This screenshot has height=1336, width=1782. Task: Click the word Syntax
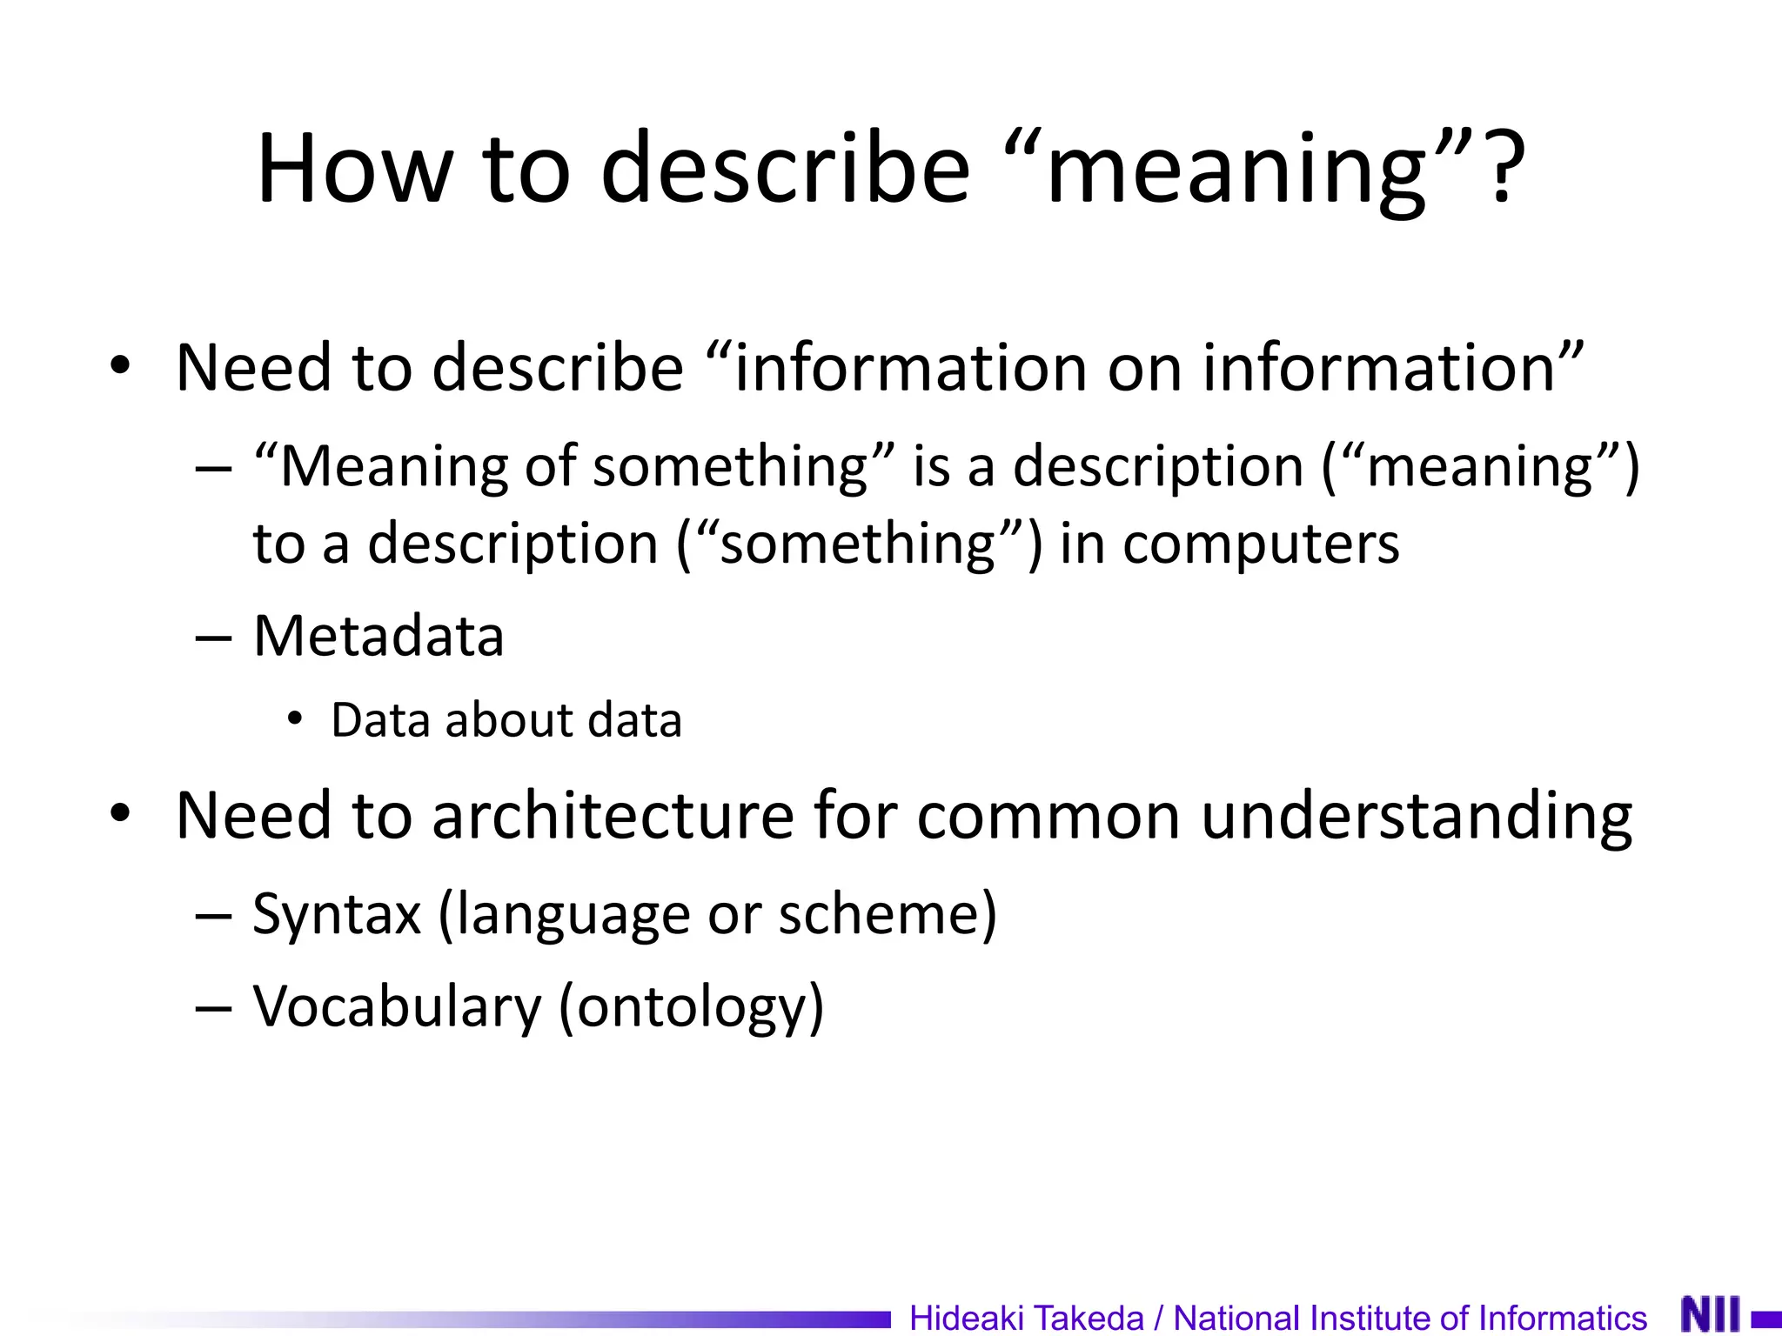(337, 914)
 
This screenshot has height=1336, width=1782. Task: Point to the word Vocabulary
(397, 1007)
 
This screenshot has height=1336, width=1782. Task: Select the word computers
(1261, 544)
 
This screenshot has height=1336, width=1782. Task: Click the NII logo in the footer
(1711, 1314)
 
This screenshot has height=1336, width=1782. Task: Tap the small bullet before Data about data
(296, 719)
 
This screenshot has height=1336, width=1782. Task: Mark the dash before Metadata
(213, 638)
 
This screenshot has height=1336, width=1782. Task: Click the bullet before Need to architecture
(120, 814)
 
